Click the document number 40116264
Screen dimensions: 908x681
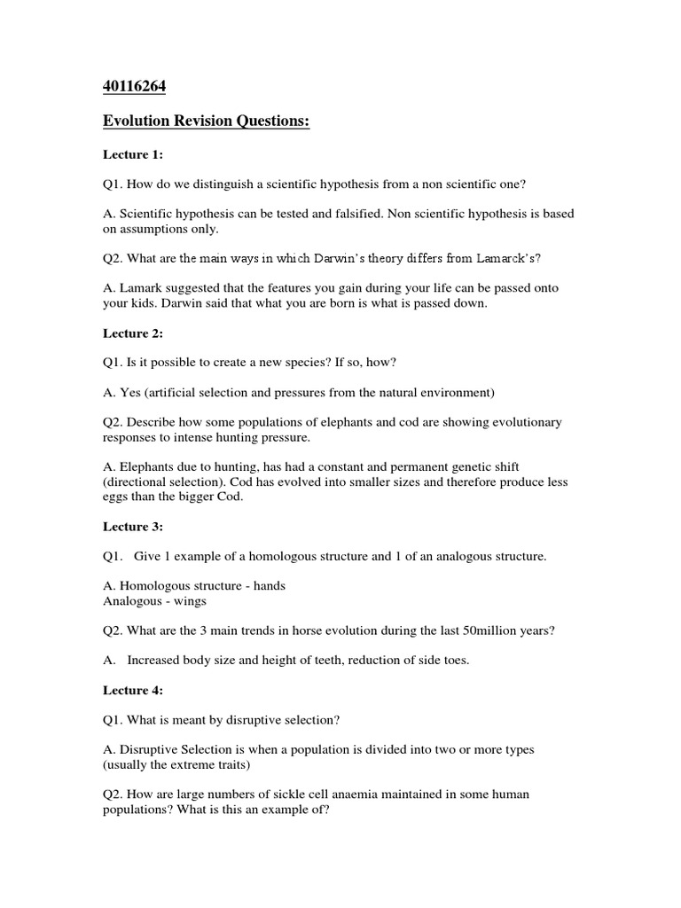[x=134, y=88]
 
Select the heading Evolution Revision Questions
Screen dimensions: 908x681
[x=207, y=121]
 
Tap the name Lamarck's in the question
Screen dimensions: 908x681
[x=505, y=258]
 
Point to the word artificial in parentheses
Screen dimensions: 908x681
[x=163, y=392]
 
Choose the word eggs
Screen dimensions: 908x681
[x=116, y=497]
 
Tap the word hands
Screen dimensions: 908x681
[x=268, y=585]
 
